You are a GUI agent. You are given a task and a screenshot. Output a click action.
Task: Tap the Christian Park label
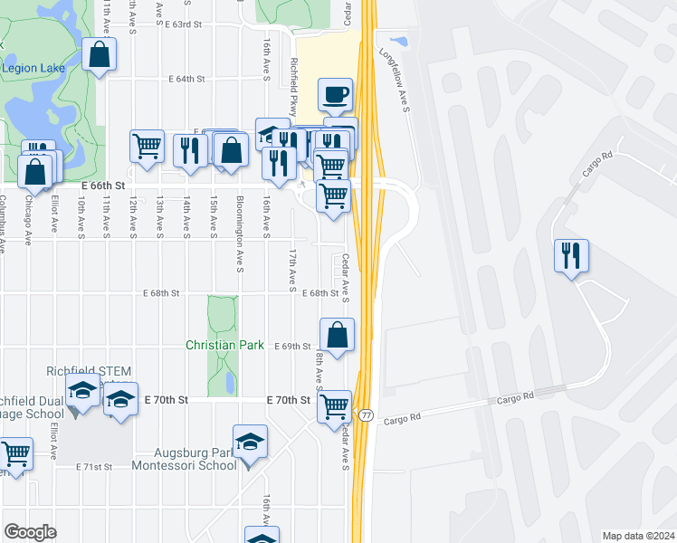224,345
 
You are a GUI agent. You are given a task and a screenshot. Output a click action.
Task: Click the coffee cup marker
336,94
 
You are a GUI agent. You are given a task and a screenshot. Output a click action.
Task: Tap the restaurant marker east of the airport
572,256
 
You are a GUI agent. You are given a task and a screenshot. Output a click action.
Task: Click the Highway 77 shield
366,414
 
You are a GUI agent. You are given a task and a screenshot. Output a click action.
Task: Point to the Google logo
30,532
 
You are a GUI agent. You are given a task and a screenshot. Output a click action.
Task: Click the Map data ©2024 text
638,536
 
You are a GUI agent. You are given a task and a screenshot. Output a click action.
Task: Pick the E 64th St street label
187,79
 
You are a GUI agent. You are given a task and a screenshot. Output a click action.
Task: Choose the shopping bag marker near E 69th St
337,335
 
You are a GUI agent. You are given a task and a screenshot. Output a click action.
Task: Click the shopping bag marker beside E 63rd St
99,54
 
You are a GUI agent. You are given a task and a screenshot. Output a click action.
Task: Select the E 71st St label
95,467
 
